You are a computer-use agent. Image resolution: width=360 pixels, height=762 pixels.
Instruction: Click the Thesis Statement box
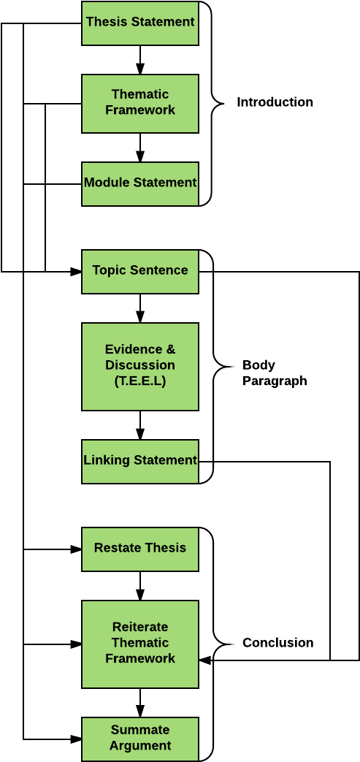(140, 23)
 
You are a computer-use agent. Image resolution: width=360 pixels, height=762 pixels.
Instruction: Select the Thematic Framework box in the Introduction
(140, 104)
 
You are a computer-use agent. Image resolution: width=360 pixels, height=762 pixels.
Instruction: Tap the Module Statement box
(140, 183)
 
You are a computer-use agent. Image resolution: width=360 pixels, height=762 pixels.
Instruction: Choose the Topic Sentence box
(140, 271)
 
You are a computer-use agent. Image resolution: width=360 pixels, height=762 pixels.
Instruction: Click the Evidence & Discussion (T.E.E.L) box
(140, 367)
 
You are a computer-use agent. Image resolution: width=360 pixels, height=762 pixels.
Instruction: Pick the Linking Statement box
(140, 461)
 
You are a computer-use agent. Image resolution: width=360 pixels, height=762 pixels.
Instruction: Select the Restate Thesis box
(140, 549)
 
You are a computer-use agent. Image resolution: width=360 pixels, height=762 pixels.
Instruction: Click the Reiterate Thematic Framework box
(140, 644)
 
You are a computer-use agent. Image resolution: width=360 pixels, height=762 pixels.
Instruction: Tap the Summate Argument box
(140, 739)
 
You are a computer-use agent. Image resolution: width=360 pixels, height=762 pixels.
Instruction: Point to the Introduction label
(275, 102)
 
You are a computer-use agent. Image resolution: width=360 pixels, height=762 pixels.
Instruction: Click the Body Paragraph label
(275, 373)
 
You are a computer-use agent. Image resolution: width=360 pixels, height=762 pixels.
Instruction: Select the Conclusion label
(278, 643)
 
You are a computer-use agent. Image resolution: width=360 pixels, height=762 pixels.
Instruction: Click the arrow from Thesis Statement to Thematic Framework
(140, 60)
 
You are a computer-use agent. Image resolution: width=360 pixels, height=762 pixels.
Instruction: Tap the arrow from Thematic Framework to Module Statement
(140, 148)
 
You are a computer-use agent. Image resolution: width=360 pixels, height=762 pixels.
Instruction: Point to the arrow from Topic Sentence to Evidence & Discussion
(140, 308)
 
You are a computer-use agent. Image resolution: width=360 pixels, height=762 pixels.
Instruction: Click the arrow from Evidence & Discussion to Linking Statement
(140, 425)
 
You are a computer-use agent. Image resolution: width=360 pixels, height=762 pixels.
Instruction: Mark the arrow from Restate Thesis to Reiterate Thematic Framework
(140, 586)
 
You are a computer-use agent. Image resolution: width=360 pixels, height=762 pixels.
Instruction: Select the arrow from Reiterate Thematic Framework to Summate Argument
(140, 703)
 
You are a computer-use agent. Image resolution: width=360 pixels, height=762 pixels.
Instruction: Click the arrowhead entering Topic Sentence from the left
(76, 271)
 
